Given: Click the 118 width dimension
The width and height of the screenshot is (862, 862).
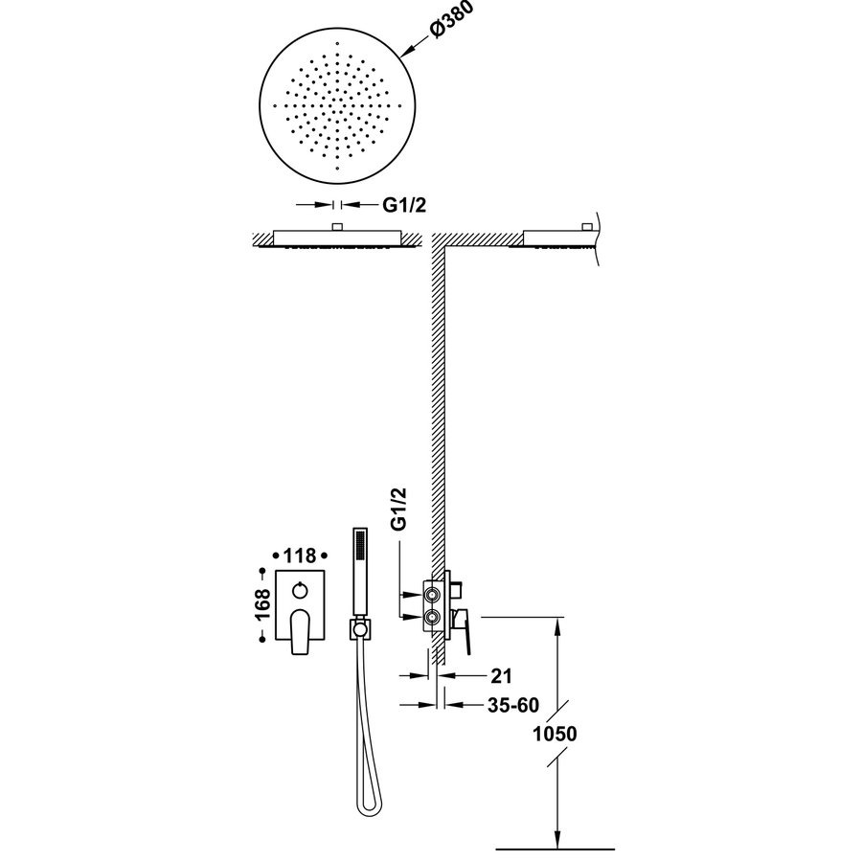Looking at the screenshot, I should (x=300, y=555).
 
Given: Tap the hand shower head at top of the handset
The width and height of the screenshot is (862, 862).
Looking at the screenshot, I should (x=361, y=546).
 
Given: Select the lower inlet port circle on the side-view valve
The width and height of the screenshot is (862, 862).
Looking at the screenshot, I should (x=434, y=619).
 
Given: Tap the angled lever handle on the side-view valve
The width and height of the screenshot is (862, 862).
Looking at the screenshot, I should (x=466, y=636).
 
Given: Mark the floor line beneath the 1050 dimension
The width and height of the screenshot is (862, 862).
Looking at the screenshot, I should (x=556, y=849).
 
